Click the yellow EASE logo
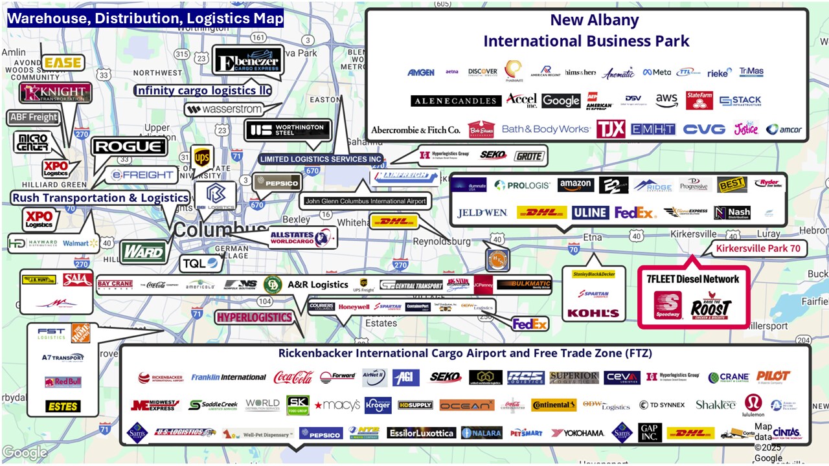tap(63, 63)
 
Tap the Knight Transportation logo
tap(54, 93)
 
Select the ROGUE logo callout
tap(129, 147)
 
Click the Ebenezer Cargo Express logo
tap(248, 61)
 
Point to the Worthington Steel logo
tap(287, 129)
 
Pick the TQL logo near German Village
tap(201, 263)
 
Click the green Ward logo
tap(143, 251)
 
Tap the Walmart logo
tap(80, 243)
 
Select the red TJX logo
tap(611, 129)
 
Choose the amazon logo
tap(575, 185)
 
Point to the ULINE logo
tap(590, 212)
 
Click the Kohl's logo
tap(593, 313)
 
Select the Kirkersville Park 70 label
tap(758, 249)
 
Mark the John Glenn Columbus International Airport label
tap(365, 201)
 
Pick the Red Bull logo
tap(63, 382)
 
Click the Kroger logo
tap(378, 405)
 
